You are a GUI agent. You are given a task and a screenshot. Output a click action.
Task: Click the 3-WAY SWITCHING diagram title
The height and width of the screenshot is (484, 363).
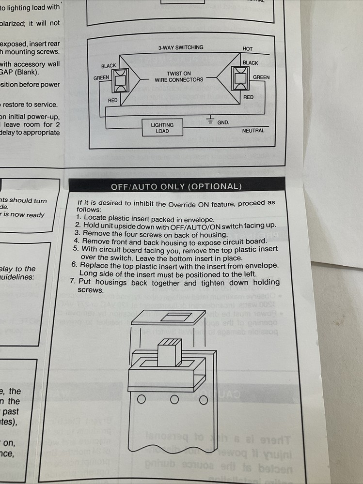tap(180, 48)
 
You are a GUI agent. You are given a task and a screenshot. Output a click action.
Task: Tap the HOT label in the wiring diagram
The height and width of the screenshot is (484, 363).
tap(248, 49)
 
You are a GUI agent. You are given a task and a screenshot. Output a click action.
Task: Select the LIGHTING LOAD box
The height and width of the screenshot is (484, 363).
tap(162, 128)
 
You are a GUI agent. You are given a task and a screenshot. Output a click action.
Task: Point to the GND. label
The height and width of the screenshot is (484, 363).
tap(223, 122)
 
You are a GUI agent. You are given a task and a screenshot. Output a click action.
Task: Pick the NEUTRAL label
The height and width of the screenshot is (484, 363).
tap(253, 131)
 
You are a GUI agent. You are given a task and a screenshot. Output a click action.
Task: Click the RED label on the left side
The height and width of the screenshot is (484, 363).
tap(113, 100)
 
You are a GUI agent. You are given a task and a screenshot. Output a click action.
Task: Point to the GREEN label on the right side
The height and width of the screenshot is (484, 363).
tap(261, 77)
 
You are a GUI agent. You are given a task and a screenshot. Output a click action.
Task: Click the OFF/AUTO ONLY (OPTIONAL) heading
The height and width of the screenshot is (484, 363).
tap(176, 186)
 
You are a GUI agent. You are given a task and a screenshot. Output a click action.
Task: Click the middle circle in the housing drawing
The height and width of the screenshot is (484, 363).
tap(174, 400)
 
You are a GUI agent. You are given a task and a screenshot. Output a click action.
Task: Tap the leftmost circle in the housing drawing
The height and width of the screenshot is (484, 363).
tap(142, 400)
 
